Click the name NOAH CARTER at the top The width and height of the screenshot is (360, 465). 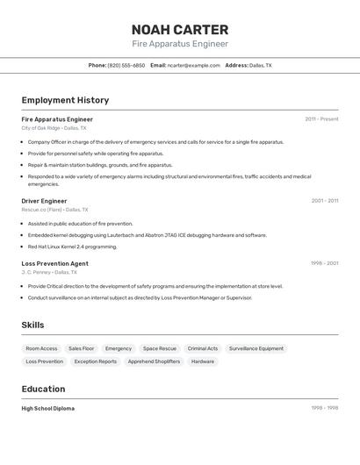[180, 29]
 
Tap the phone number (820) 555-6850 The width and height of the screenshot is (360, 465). [126, 65]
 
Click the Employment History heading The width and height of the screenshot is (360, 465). [65, 100]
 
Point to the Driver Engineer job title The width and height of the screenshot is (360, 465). [44, 201]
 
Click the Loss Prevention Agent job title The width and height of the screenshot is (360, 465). [54, 263]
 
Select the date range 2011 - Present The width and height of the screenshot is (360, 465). [321, 119]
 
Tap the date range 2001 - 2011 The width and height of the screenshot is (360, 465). [324, 201]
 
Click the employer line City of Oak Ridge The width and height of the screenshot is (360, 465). [41, 128]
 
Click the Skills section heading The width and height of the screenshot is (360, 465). [32, 325]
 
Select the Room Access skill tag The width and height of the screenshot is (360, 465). [41, 348]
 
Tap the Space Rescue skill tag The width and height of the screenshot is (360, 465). [160, 348]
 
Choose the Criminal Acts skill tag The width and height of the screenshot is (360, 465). [203, 348]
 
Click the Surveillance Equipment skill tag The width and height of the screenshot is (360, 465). [256, 348]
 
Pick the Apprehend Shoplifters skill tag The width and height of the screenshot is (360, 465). [154, 361]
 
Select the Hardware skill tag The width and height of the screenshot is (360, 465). [203, 361]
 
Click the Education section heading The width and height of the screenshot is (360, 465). [43, 389]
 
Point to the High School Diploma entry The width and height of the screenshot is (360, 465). [48, 408]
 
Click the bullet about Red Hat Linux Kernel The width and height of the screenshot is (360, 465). [72, 247]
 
